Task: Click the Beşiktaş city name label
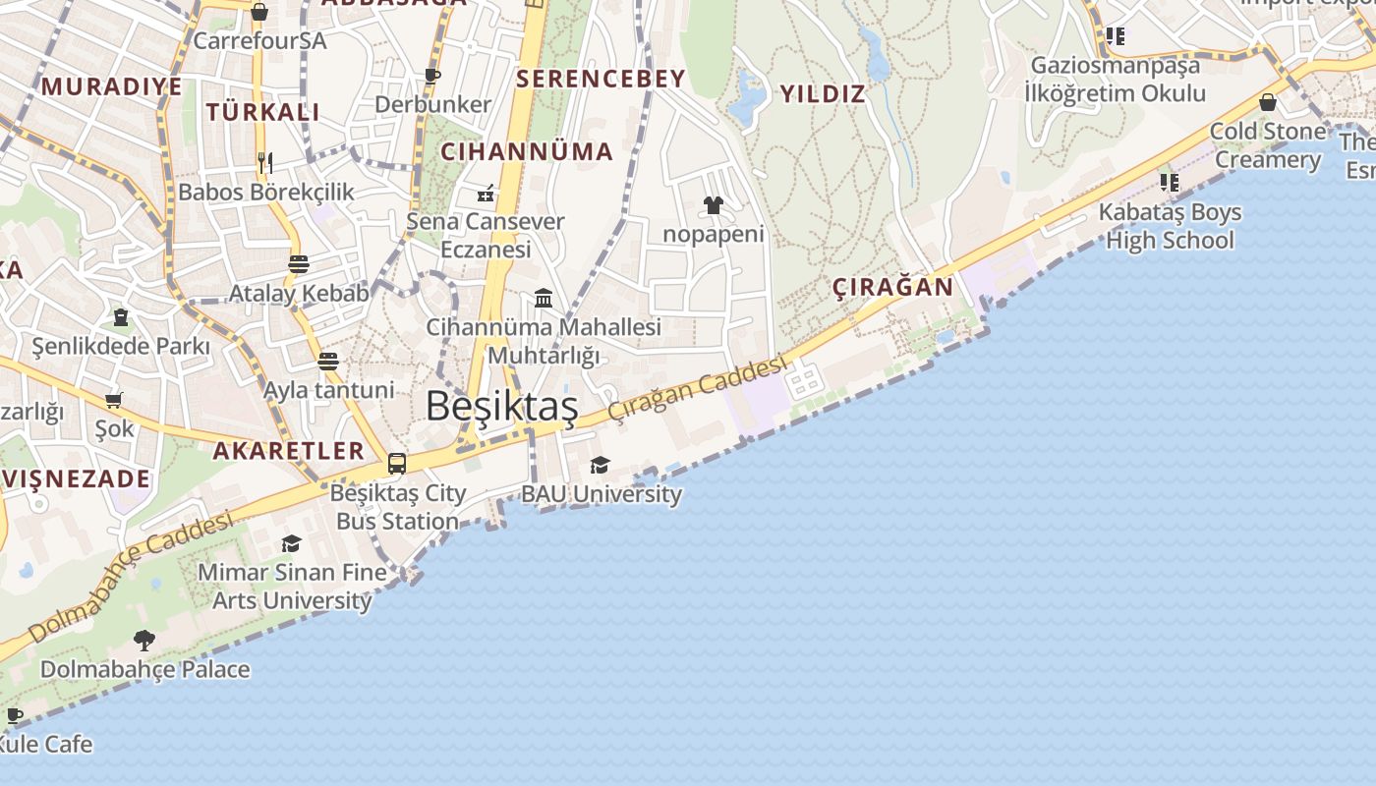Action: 501,407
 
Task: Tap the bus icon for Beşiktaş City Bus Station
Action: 397,464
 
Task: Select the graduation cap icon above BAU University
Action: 600,466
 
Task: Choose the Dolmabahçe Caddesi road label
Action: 132,575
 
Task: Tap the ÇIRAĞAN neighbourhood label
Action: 892,287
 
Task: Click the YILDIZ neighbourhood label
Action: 823,94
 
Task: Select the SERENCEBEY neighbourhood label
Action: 601,79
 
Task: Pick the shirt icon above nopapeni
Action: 713,205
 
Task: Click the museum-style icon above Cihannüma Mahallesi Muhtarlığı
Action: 544,298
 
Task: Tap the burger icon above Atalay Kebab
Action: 299,264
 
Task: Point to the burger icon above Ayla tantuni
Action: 328,361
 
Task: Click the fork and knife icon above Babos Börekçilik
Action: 264,162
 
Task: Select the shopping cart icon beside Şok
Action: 114,400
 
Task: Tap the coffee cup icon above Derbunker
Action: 432,76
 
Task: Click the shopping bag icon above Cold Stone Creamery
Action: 1268,102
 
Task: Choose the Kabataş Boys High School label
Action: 1170,226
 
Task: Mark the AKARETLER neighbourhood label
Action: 289,451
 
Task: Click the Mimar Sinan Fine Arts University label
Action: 292,586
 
